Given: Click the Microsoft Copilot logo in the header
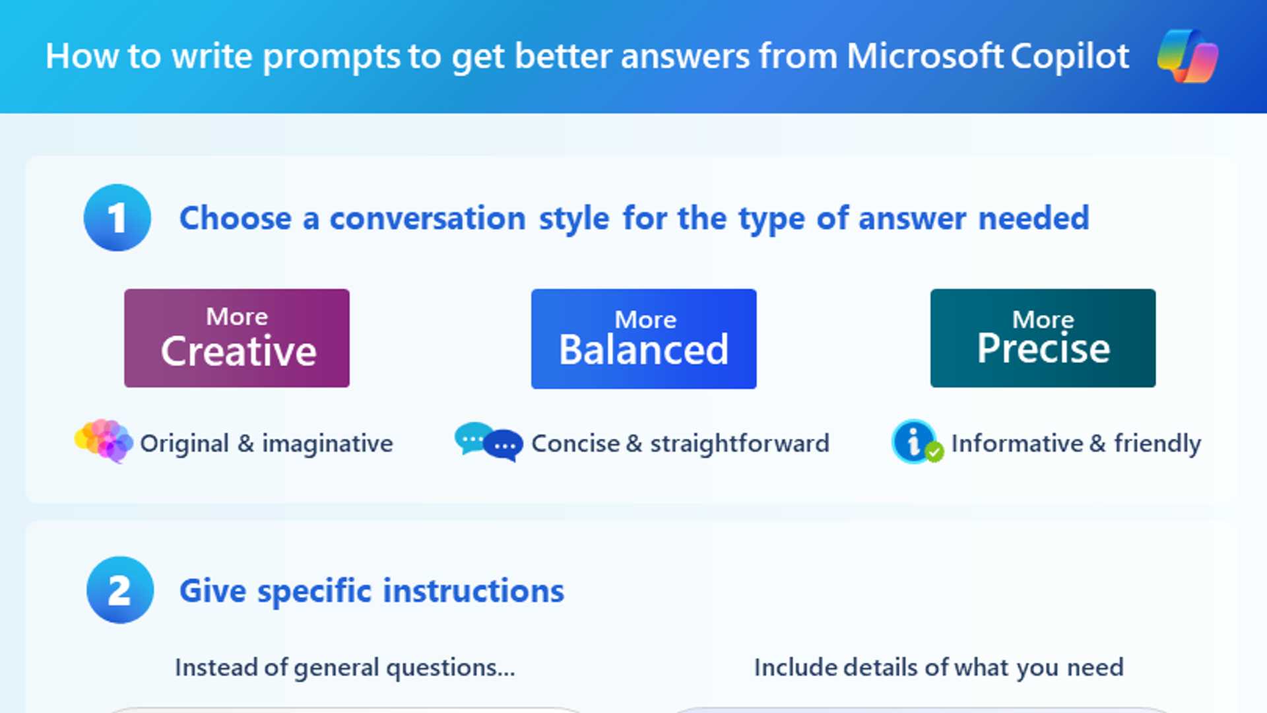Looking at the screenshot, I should point(1188,56).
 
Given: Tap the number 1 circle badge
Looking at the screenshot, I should point(117,218).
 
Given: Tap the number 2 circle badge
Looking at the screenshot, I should point(120,590).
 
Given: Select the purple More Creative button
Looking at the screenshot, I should point(237,338).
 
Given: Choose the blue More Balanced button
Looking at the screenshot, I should point(643,339).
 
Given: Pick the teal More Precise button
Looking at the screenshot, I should point(1043,338).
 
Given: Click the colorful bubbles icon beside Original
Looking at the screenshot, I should point(104,440).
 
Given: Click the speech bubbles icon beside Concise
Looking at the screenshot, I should point(488,442).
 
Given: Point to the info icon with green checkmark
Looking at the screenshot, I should point(917,442).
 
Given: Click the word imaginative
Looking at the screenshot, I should point(327,444).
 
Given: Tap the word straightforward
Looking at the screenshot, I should point(740,444).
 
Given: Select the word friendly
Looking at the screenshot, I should point(1157,444).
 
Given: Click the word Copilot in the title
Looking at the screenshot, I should point(1069,57).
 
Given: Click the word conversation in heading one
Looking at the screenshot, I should point(428,219).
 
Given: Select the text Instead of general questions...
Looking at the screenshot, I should point(344,668).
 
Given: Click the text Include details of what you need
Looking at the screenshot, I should point(938,668).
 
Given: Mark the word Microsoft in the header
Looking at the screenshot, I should point(925,57).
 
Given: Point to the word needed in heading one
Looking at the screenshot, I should point(1033,219).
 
